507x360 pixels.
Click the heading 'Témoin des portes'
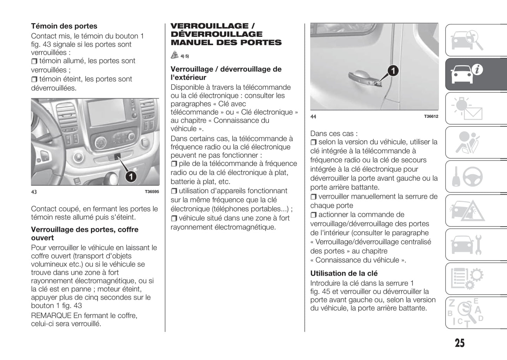[64, 26]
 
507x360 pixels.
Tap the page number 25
[460, 343]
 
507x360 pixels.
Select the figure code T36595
[152, 192]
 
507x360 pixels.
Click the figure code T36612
[431, 116]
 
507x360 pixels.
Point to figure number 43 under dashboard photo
[34, 192]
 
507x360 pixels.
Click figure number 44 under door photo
[313, 116]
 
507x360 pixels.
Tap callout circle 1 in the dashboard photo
[131, 176]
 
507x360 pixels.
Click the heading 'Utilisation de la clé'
[344, 273]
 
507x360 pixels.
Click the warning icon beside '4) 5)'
[175, 55]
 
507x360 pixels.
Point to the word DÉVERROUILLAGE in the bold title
[216, 34]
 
